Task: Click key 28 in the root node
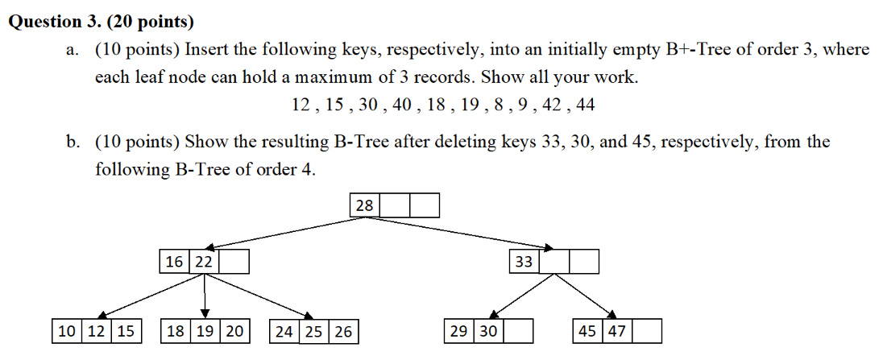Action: point(365,206)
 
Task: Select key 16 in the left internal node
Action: point(174,262)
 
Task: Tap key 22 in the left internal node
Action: point(203,262)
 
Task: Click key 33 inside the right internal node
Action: point(524,262)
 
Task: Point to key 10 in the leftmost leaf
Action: point(68,331)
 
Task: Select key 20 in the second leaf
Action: point(234,331)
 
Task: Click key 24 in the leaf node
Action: point(284,332)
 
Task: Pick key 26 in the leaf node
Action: point(344,332)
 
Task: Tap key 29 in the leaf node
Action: point(459,331)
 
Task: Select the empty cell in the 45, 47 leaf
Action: point(647,331)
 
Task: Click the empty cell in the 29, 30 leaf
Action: point(519,331)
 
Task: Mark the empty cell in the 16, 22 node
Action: point(234,262)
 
